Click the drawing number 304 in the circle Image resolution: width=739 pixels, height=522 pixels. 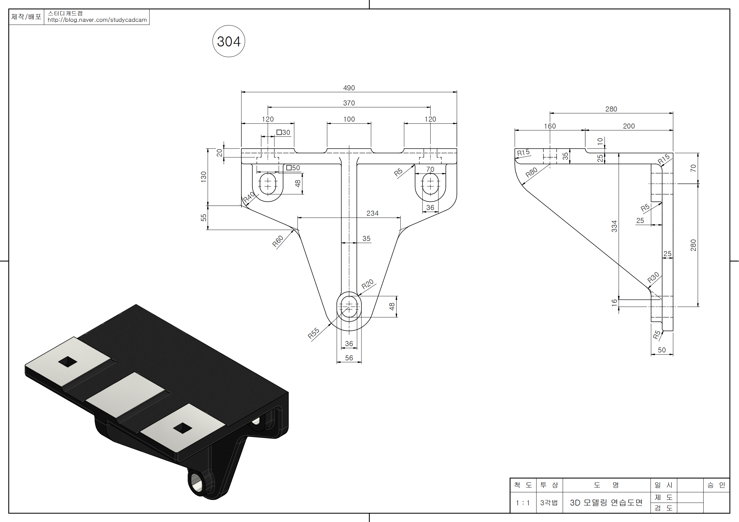pyautogui.click(x=228, y=41)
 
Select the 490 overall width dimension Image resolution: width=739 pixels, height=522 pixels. pyautogui.click(x=349, y=88)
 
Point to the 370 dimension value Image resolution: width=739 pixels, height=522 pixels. pyautogui.click(x=349, y=103)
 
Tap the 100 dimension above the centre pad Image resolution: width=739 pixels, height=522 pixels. pyautogui.click(x=349, y=119)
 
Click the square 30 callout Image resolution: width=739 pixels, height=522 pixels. pyautogui.click(x=283, y=133)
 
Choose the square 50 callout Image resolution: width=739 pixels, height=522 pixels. pyautogui.click(x=293, y=168)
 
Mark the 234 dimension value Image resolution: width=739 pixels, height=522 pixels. pyautogui.click(x=373, y=213)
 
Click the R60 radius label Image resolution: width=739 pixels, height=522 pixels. pyautogui.click(x=278, y=241)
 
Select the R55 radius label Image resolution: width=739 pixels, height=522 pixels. pyautogui.click(x=313, y=333)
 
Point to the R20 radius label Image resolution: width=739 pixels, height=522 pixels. pyautogui.click(x=367, y=284)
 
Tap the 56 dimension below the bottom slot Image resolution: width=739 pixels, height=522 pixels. pyautogui.click(x=349, y=358)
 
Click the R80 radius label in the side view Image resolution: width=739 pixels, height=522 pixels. pyautogui.click(x=531, y=173)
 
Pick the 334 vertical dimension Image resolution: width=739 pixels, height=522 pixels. pyautogui.click(x=614, y=226)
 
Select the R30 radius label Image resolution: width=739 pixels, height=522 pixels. pyautogui.click(x=653, y=278)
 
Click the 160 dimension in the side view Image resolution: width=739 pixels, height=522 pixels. pyautogui.click(x=550, y=126)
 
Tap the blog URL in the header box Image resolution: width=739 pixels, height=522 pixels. pyautogui.click(x=97, y=20)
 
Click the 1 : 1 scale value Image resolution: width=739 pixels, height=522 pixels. pyautogui.click(x=523, y=503)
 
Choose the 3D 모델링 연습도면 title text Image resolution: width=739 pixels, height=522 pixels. pyautogui.click(x=606, y=503)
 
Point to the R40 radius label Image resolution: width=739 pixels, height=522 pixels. pyautogui.click(x=249, y=197)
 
